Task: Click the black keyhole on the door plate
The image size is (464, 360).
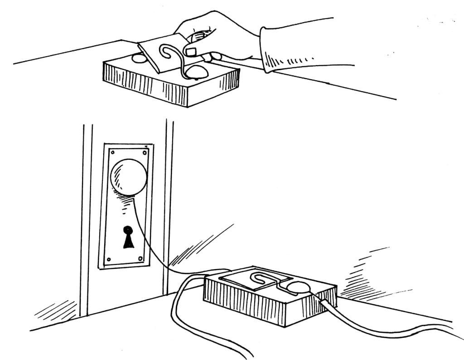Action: (128, 237)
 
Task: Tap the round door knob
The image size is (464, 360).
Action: (129, 177)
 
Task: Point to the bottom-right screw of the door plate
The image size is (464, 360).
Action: (140, 259)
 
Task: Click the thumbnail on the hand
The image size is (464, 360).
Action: (190, 52)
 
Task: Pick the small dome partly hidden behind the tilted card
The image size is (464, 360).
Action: (138, 58)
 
